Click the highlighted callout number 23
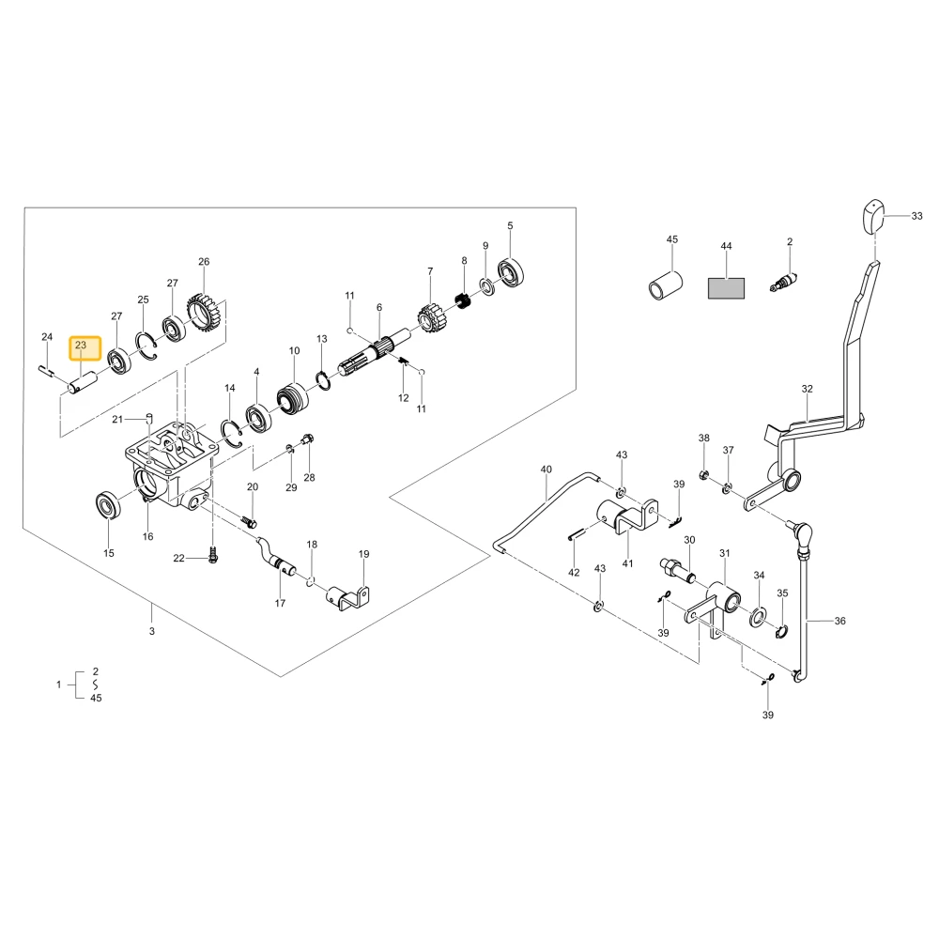81,345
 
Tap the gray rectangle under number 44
726,288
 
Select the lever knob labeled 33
873,217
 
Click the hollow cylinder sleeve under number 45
666,285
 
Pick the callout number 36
839,621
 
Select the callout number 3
152,631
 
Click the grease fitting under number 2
784,282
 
